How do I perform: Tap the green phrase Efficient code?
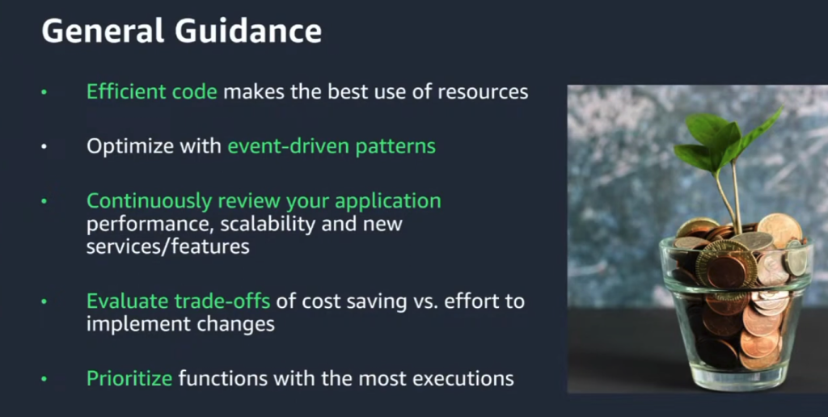click(152, 91)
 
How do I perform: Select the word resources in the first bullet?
click(483, 91)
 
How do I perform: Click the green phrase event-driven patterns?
click(332, 146)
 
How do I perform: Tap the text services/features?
click(168, 246)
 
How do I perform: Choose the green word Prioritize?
click(129, 377)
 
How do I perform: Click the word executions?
click(460, 377)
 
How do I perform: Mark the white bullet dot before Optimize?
click(45, 147)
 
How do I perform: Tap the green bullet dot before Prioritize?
click(45, 378)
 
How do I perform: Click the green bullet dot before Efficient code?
click(45, 92)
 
